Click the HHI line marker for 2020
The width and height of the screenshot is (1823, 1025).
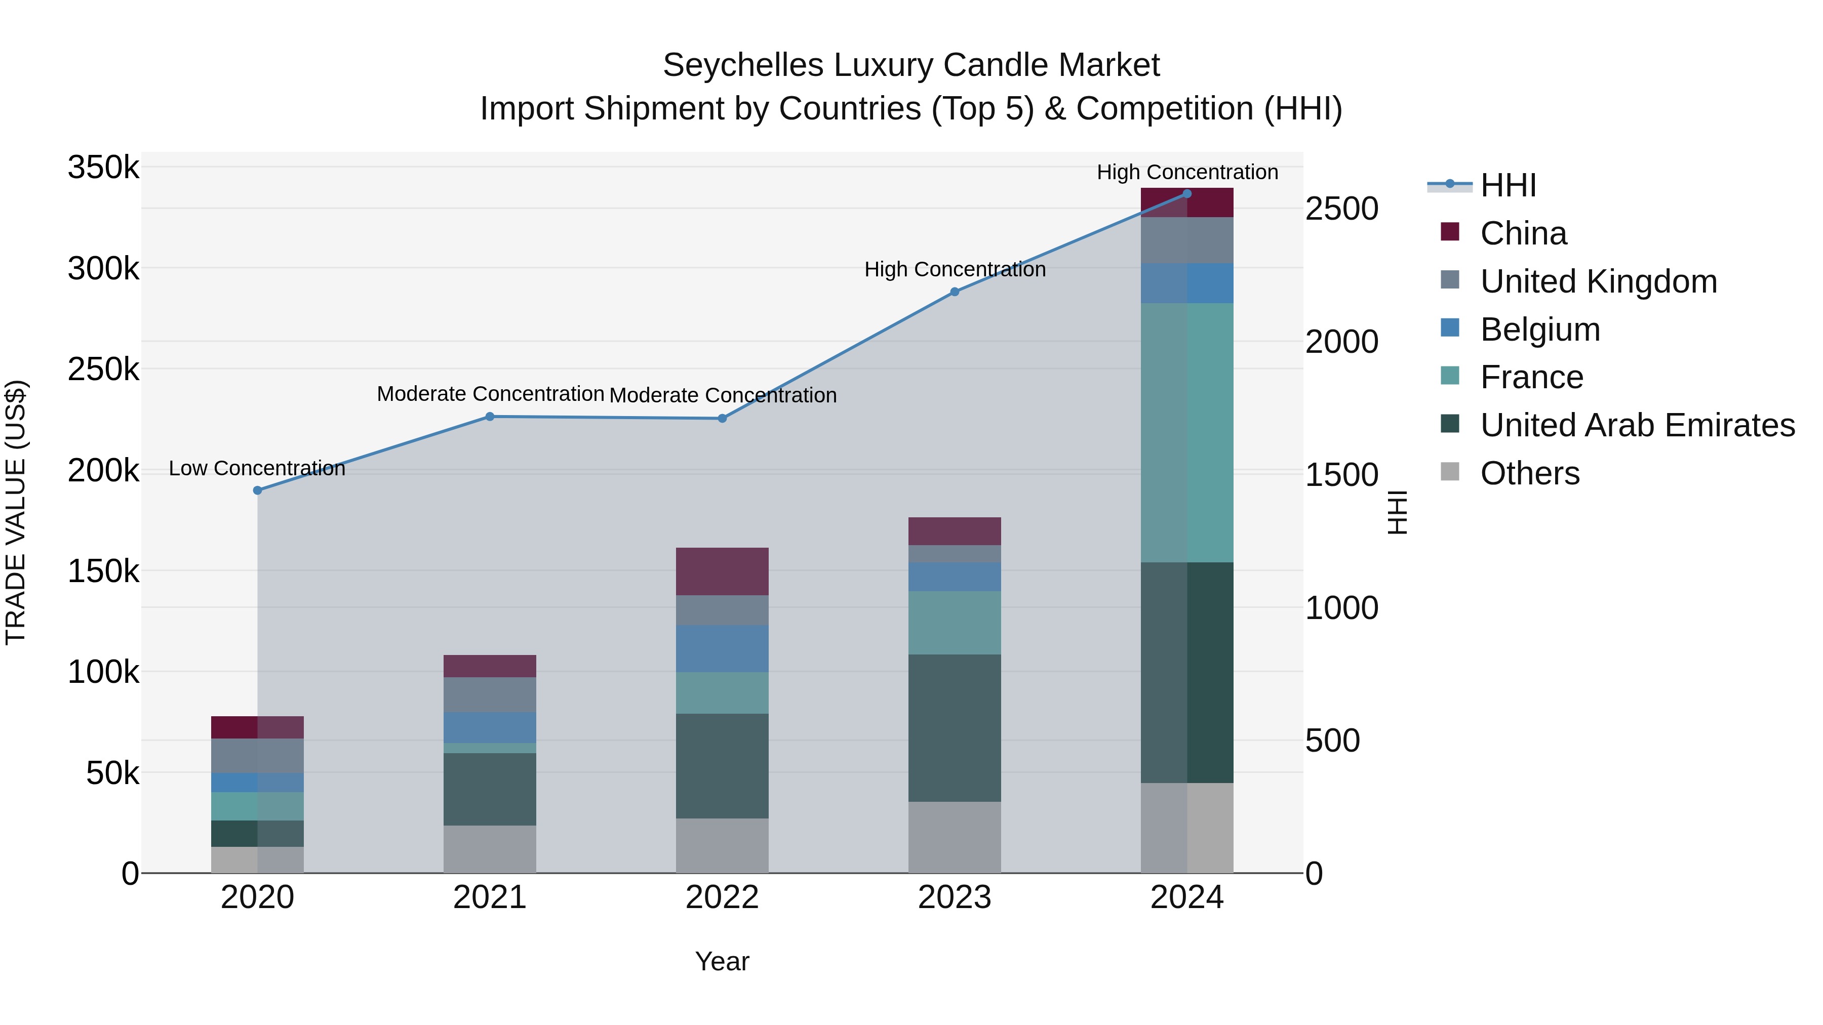[x=258, y=490]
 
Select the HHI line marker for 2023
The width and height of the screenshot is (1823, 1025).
[x=955, y=292]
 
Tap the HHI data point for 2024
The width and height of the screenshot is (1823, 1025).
[x=1187, y=193]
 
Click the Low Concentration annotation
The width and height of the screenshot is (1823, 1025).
[x=257, y=468]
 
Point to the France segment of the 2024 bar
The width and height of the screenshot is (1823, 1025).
[x=1187, y=433]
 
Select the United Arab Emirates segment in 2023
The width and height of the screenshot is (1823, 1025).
[x=955, y=728]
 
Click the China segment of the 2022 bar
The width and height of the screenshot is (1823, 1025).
[x=722, y=571]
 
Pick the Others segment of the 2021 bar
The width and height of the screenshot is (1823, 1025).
[x=490, y=849]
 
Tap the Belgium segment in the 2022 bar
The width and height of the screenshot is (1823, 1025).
[x=722, y=649]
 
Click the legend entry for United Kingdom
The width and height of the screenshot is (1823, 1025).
[x=1598, y=281]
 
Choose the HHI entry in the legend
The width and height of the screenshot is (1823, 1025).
[x=1508, y=185]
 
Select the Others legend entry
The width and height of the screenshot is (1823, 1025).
[x=1529, y=473]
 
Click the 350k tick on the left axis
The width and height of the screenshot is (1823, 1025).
[x=103, y=169]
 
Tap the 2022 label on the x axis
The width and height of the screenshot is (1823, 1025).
[x=722, y=897]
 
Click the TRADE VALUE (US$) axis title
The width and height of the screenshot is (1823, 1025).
[x=16, y=512]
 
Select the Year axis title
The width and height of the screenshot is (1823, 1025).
[x=722, y=961]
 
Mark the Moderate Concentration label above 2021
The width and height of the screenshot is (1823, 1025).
[x=490, y=394]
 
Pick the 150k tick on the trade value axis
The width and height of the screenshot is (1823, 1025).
[x=103, y=571]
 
